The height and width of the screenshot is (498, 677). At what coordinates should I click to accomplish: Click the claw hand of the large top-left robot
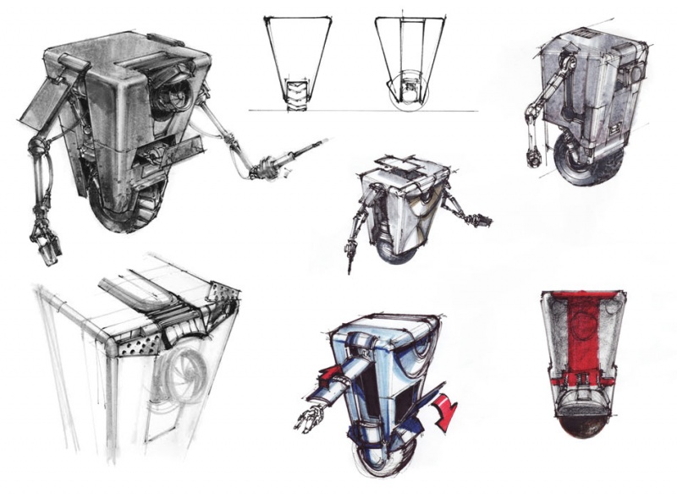[44, 240]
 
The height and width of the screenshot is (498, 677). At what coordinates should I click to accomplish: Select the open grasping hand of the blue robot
[309, 417]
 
